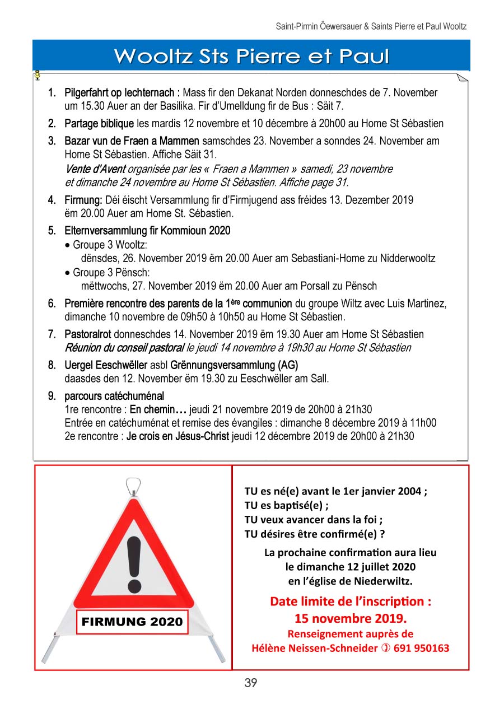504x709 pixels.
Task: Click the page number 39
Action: click(x=250, y=683)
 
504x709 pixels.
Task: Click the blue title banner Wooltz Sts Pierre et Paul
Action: click(x=251, y=57)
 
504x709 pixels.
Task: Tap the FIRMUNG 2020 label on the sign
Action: click(x=132, y=622)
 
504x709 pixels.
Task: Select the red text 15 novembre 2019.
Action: click(x=351, y=619)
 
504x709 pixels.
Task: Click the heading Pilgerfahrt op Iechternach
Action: click(x=122, y=92)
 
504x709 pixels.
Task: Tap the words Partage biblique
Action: click(x=99, y=123)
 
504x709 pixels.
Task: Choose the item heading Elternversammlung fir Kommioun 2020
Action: click(x=147, y=231)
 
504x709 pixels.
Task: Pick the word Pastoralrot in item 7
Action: click(x=88, y=334)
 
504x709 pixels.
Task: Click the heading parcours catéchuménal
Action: click(x=114, y=397)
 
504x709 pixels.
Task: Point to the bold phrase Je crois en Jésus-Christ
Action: click(x=178, y=436)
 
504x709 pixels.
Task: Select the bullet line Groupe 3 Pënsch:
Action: click(x=111, y=273)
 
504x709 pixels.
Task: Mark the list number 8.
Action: click(x=52, y=365)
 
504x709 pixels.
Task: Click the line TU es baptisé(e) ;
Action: click(x=286, y=505)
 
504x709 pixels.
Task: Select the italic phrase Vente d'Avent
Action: click(x=95, y=169)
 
